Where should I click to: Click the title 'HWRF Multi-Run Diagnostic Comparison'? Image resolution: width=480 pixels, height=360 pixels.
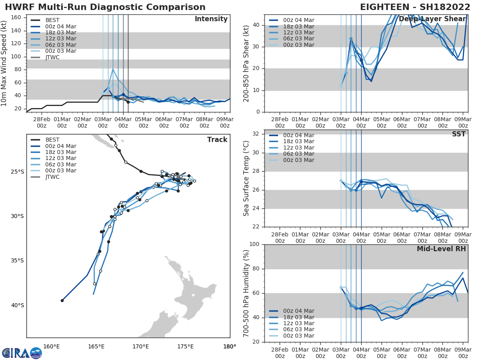(105, 7)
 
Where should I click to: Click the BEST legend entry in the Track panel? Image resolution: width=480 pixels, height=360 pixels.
(52, 140)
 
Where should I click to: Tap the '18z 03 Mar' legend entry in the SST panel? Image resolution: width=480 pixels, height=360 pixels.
(298, 142)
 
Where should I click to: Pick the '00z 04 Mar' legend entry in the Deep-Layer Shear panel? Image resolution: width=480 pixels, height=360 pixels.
(298, 20)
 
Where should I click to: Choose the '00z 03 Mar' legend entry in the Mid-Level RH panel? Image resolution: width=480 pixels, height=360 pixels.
(298, 336)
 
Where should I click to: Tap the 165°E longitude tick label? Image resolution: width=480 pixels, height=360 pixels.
(96, 346)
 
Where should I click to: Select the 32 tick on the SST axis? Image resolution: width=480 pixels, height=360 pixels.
(256, 134)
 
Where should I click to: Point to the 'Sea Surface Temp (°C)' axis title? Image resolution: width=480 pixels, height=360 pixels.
(247, 178)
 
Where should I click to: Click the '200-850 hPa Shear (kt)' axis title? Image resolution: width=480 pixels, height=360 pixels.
(247, 63)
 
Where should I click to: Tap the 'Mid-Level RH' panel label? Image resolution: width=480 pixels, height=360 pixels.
(441, 249)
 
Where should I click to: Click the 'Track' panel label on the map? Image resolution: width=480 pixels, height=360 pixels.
(217, 140)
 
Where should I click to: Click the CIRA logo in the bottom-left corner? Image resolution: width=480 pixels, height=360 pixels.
(22, 353)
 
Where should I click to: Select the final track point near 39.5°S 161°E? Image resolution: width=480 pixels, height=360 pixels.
(62, 300)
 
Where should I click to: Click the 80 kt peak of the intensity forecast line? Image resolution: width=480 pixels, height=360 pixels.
(113, 69)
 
